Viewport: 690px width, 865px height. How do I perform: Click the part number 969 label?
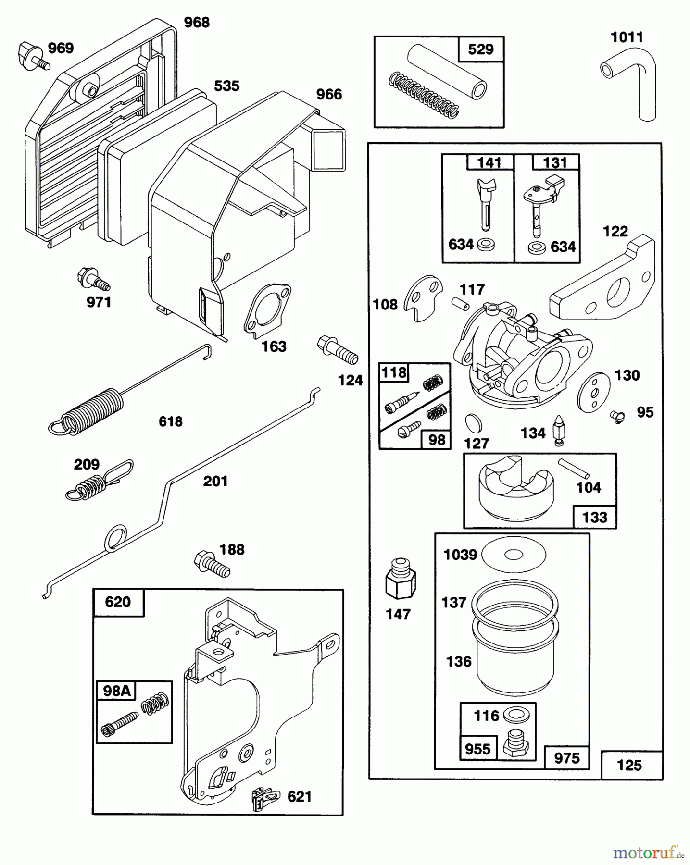[x=61, y=49]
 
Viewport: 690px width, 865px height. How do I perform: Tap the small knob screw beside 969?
[x=33, y=55]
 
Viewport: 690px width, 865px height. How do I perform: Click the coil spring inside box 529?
[x=423, y=94]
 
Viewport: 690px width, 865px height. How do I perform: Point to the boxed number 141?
[x=489, y=162]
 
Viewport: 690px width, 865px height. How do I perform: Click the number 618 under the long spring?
[x=171, y=421]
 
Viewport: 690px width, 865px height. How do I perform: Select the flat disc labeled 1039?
[x=514, y=555]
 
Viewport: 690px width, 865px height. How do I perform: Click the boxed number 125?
[x=629, y=765]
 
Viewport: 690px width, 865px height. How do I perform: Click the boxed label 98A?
[x=117, y=691]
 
